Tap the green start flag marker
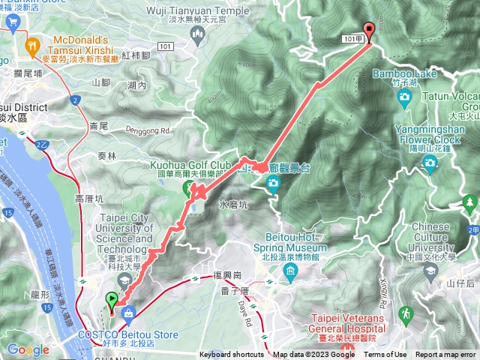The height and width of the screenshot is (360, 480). [113, 301]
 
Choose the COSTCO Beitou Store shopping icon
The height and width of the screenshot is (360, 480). [129, 312]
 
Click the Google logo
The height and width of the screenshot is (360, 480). [28, 349]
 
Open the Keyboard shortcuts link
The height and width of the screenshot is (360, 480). [232, 355]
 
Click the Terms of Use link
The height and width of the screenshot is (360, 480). [385, 355]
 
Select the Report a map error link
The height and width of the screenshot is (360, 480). [446, 355]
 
